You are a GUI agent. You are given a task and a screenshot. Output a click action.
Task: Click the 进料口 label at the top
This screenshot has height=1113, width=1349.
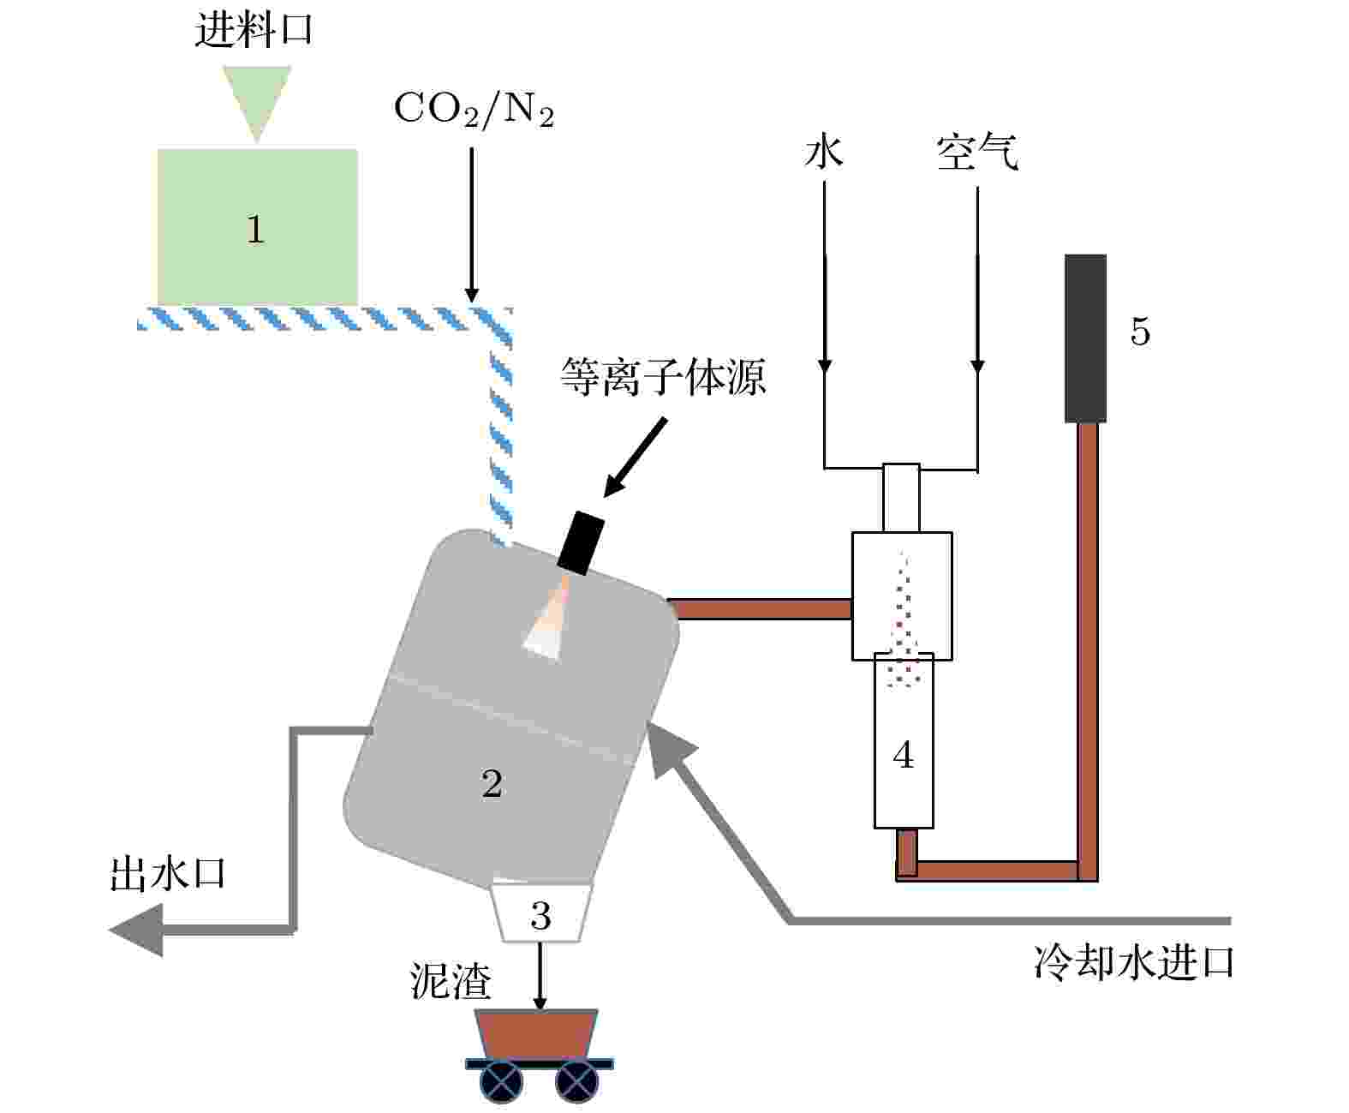pos(254,30)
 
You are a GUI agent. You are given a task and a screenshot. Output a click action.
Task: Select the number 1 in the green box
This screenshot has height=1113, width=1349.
pos(255,229)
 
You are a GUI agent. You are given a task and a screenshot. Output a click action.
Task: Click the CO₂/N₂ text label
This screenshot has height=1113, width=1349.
pos(474,109)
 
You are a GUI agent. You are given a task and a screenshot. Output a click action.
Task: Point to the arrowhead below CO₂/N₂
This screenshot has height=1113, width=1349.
pos(472,294)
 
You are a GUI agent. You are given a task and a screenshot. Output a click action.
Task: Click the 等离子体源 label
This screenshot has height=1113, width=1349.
pos(663,376)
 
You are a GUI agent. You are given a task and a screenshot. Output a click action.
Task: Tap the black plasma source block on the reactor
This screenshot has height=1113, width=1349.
pos(581,543)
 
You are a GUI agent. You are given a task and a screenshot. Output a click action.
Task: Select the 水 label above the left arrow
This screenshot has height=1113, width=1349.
pos(824,152)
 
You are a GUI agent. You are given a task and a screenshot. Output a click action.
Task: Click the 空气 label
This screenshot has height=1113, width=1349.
pos(977,152)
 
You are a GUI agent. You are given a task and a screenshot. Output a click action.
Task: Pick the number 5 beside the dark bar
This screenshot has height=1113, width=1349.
pos(1140,332)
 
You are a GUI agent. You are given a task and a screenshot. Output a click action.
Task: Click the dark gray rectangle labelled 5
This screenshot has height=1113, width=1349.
pos(1085,338)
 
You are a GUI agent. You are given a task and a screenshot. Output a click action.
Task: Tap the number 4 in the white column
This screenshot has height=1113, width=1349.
pos(904,754)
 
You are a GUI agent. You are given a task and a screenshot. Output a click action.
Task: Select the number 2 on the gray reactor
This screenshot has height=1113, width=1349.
pos(492,783)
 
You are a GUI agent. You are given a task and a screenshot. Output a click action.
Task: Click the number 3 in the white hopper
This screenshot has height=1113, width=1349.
pos(540,915)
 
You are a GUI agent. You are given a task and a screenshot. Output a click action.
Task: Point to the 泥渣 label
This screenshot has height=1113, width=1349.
pos(451,981)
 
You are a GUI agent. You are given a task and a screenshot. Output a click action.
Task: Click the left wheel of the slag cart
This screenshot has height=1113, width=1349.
pos(501,1081)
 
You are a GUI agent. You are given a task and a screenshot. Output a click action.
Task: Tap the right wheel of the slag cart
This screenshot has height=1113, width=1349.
pos(577,1081)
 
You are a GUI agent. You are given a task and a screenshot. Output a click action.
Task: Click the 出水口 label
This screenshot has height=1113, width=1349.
pos(167,874)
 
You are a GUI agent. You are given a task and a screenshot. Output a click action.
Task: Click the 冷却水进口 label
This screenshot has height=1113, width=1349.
pos(1134,962)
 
